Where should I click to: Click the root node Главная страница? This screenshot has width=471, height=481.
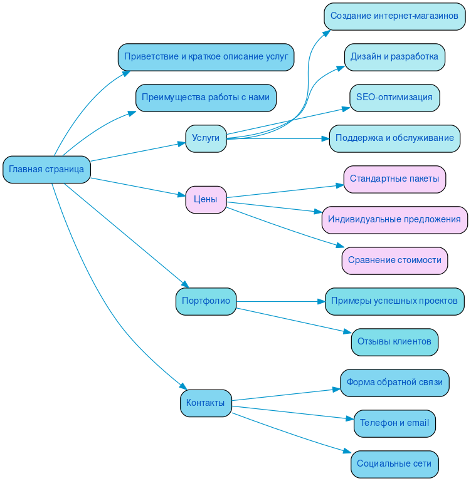(x=46, y=170)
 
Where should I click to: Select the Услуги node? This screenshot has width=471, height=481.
(x=206, y=138)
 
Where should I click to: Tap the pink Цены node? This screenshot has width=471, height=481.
(x=206, y=200)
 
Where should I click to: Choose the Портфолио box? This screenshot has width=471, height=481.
(x=206, y=301)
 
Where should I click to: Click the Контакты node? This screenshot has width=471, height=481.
(x=206, y=403)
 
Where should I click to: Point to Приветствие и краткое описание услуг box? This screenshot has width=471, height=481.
(x=206, y=57)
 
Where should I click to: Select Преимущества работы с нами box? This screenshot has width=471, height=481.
(x=206, y=98)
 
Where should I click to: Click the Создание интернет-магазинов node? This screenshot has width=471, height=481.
(x=394, y=16)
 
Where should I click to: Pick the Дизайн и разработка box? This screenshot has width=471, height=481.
(x=394, y=57)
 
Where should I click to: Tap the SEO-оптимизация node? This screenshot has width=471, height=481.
(x=394, y=98)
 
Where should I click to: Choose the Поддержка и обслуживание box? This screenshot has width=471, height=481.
(x=394, y=138)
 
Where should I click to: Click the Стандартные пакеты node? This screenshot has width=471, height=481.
(x=394, y=179)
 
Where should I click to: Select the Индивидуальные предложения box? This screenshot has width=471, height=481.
(x=394, y=220)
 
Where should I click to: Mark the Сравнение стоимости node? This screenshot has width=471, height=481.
(x=394, y=261)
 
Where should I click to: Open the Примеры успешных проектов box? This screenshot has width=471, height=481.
(x=394, y=301)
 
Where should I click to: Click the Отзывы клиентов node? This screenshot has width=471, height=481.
(x=394, y=342)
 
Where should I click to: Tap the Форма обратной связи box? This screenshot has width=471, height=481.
(x=394, y=383)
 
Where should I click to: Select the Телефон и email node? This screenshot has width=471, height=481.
(x=394, y=423)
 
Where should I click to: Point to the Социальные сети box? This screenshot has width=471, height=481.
(x=394, y=464)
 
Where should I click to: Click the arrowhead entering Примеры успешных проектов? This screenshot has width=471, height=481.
(x=321, y=301)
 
